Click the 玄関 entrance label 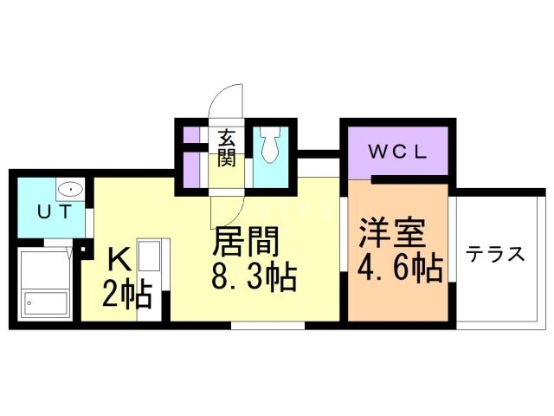click(x=227, y=147)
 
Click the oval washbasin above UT click(x=68, y=189)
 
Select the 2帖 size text click(x=128, y=295)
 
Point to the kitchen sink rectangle click(x=148, y=259)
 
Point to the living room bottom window click(x=268, y=326)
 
